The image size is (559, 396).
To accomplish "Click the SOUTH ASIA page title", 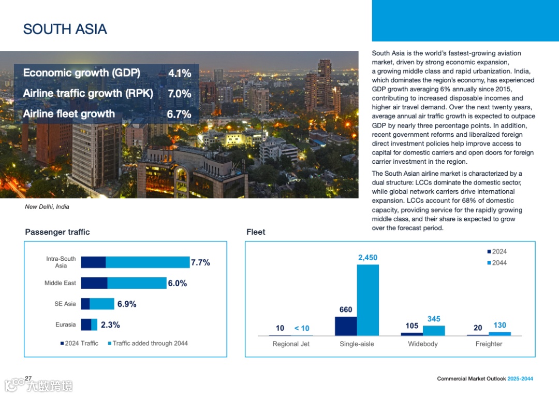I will coord(65,29).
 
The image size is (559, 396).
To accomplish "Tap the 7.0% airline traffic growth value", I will coord(180,94).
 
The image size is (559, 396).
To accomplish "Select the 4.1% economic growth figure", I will coord(180,74).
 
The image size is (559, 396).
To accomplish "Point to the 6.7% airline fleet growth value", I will coord(179,114).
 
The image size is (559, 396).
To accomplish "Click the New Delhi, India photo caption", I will coord(47,207).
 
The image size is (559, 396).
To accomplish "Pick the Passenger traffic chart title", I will coord(57,232).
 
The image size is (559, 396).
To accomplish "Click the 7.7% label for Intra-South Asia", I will coord(200,263).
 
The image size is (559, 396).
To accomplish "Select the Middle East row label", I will coord(60,283).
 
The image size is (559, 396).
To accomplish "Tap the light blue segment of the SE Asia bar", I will coord(102,304).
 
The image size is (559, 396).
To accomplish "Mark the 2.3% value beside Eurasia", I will coord(110,325).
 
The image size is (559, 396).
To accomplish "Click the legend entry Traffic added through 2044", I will coord(150,343).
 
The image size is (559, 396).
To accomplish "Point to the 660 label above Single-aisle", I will coord(346,310).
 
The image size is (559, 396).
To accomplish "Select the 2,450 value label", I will coord(367,258).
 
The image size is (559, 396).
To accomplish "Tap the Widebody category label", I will coord(423,344).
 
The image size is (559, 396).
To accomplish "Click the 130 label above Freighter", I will coord(499,325).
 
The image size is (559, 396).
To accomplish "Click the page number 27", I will coord(28,378).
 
